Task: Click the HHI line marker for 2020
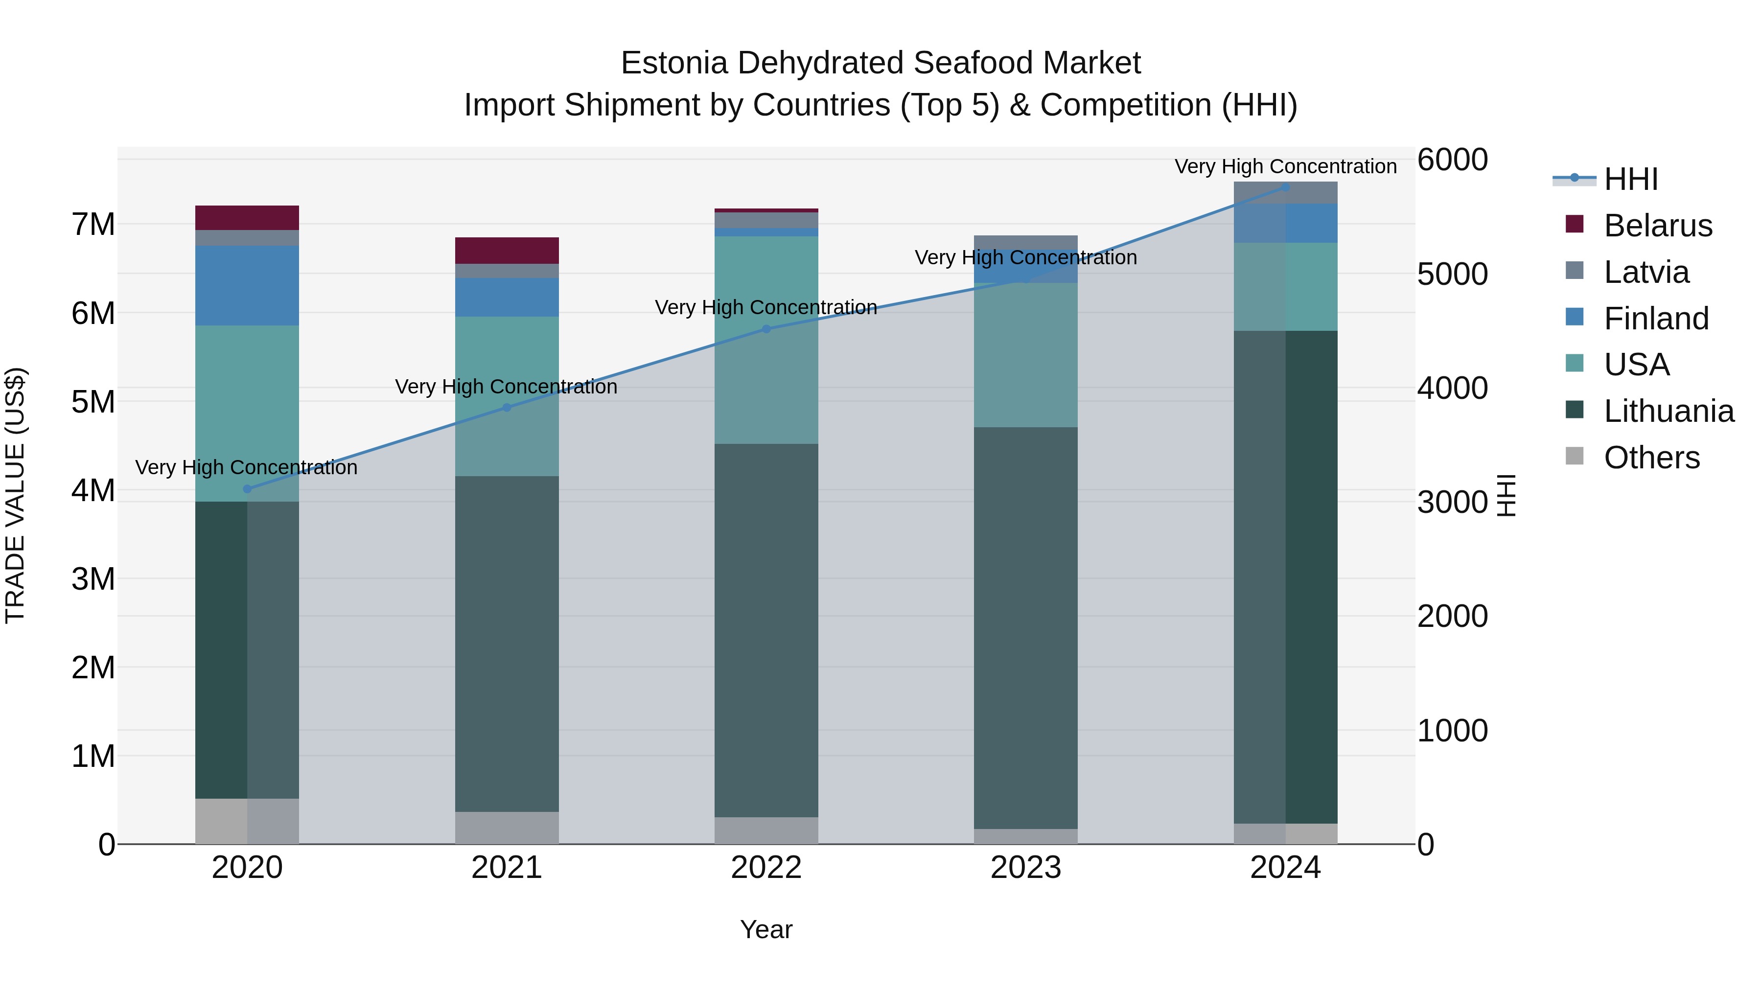click(248, 489)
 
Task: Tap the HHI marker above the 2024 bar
click(1286, 187)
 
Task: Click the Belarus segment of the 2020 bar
click(247, 217)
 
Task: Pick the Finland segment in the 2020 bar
click(247, 285)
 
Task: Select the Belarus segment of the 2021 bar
click(507, 250)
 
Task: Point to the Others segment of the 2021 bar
click(507, 828)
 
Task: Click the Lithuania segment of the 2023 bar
click(1026, 628)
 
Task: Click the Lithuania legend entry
click(1669, 411)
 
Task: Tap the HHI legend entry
click(1631, 179)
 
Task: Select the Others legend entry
click(1651, 458)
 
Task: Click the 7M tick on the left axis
click(93, 224)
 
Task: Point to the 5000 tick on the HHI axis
click(1452, 274)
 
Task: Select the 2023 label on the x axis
click(1026, 868)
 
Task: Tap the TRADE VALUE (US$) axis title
click(15, 495)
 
